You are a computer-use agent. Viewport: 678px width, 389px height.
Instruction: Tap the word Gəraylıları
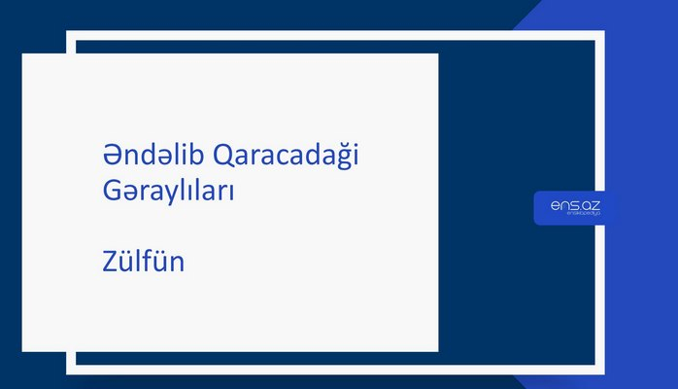click(168, 192)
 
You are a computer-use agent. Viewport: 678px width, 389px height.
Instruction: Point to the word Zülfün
click(143, 262)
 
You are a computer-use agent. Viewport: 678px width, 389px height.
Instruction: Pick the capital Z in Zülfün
click(109, 262)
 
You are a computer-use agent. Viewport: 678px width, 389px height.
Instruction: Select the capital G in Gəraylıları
click(111, 192)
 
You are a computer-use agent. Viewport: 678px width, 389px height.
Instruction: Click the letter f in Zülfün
click(151, 261)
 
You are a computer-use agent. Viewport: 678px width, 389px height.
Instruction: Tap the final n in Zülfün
click(177, 264)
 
